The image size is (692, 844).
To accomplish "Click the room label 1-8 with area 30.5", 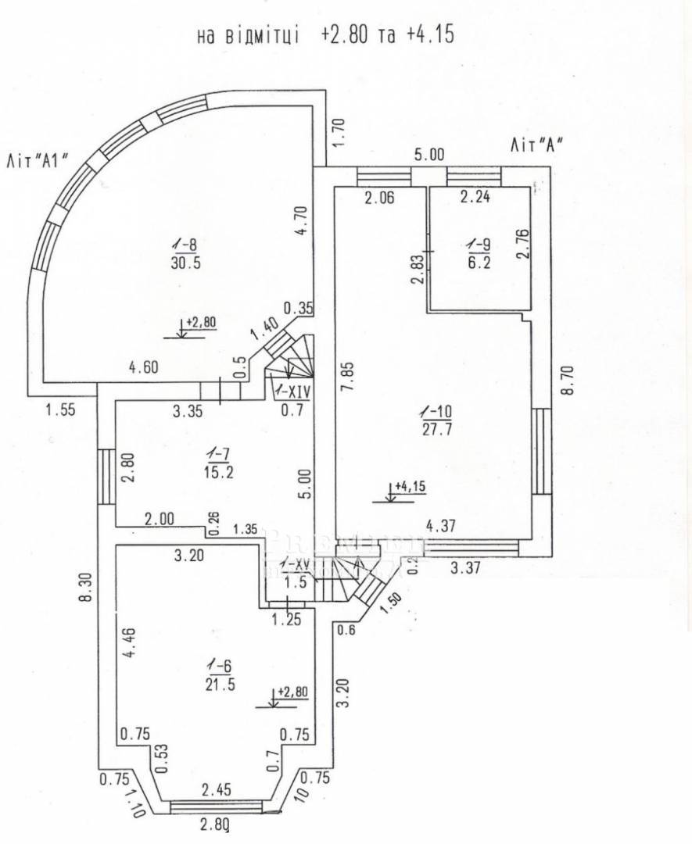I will pos(185,254).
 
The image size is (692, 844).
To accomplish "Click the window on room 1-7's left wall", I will pos(106,477).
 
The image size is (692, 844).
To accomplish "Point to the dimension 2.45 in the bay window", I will pos(216,790).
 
